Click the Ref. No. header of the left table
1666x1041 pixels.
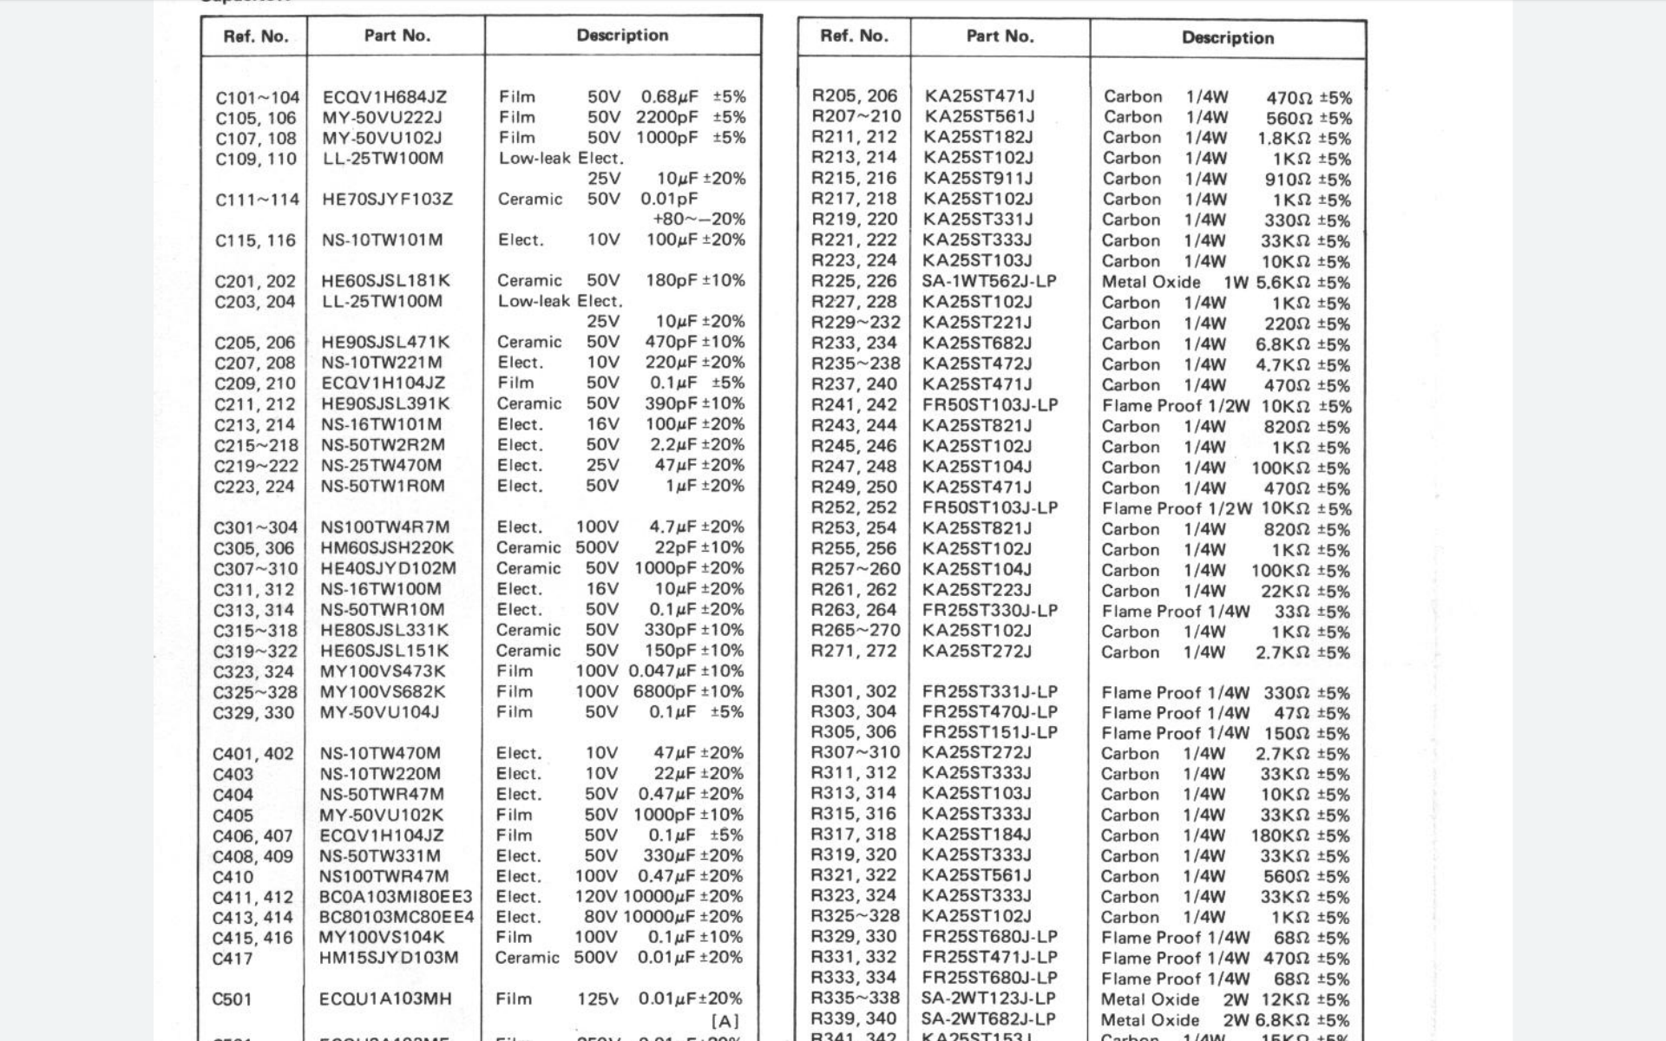pyautogui.click(x=255, y=36)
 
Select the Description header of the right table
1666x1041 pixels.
pyautogui.click(x=1227, y=38)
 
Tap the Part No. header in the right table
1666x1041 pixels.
pyautogui.click(x=1000, y=36)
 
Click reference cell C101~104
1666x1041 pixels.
pyautogui.click(x=257, y=98)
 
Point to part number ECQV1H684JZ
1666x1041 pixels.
pyautogui.click(x=384, y=97)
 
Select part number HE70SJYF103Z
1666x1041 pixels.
pyautogui.click(x=387, y=200)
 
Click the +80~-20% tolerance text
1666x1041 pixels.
pyautogui.click(x=698, y=219)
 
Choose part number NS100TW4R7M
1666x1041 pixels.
pyautogui.click(x=385, y=527)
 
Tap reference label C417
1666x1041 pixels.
pyautogui.click(x=233, y=959)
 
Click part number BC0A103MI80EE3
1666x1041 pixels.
pyautogui.click(x=396, y=897)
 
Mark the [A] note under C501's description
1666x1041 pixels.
pyautogui.click(x=725, y=1021)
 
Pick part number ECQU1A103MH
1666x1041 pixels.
pyautogui.click(x=385, y=999)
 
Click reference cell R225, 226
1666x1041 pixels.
pyautogui.click(x=854, y=282)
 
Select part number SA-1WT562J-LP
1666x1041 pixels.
pyautogui.click(x=989, y=282)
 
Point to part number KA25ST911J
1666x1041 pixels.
pyautogui.click(x=978, y=179)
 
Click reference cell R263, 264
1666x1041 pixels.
pyautogui.click(x=854, y=611)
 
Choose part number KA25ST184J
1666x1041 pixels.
pyautogui.click(x=977, y=835)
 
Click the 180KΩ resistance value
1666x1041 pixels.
pyautogui.click(x=1280, y=836)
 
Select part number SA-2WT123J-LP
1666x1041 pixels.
pyautogui.click(x=988, y=999)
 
